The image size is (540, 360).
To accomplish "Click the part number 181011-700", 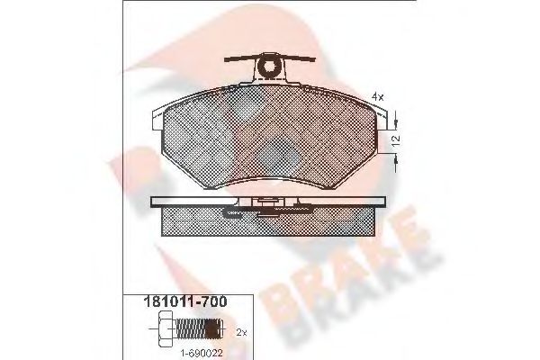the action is (184, 301).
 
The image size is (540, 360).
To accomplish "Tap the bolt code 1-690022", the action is (202, 353).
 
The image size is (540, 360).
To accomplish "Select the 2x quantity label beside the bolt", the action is (242, 333).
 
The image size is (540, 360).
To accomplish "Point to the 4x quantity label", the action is (377, 97).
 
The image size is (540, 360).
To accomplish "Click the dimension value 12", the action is (396, 139).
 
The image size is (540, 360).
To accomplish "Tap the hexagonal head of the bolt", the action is (166, 328).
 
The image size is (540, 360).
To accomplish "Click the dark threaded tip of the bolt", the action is (213, 329).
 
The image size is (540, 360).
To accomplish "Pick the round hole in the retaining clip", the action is (269, 67).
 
